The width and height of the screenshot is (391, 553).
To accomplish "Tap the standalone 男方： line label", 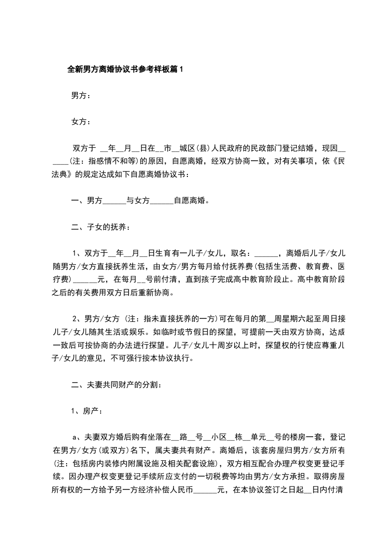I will tap(81, 96).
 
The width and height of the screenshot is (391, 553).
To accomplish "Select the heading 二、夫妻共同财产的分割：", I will tap(114, 384).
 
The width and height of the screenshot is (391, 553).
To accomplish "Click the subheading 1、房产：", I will tap(87, 410).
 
